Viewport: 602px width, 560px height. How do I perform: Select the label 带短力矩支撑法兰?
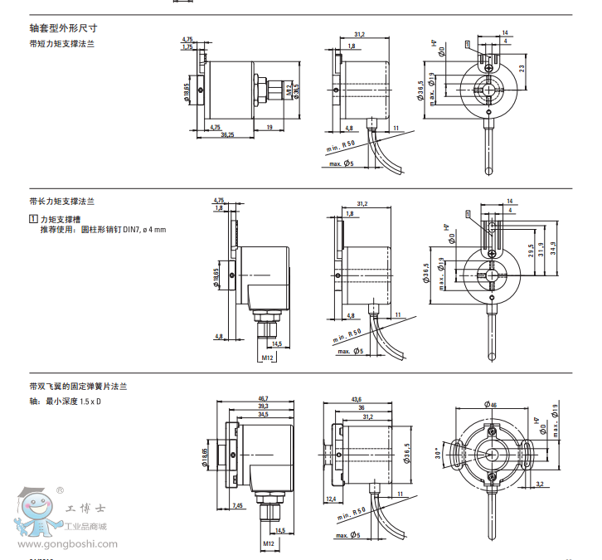click(x=61, y=43)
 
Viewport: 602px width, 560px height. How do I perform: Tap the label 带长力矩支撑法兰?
click(x=61, y=202)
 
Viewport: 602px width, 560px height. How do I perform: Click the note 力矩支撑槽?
click(x=62, y=218)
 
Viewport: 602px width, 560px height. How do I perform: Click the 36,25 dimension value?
click(x=226, y=134)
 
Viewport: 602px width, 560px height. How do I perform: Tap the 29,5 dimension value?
click(x=531, y=251)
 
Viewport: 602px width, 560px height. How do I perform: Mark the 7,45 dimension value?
click(x=237, y=504)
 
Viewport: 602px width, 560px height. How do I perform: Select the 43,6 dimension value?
click(x=357, y=400)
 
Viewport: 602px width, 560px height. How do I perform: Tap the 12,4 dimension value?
click(x=331, y=498)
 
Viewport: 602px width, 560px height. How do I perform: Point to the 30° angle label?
click(x=439, y=455)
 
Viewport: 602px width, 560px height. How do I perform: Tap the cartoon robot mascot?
click(x=35, y=515)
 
